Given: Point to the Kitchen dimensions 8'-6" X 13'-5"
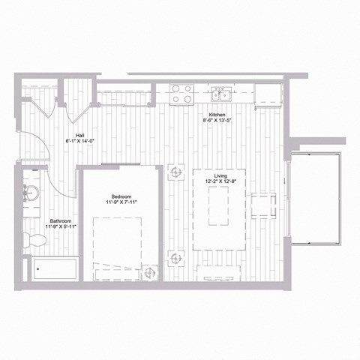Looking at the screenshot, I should (217, 120).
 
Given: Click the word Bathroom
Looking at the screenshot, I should (61, 221).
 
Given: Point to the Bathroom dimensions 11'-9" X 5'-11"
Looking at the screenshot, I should (61, 228).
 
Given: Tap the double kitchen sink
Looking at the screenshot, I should (220, 94).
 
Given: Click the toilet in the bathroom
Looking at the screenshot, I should (33, 240).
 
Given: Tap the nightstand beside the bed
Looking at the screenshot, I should (150, 272).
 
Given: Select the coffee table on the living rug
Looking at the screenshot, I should (217, 207).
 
